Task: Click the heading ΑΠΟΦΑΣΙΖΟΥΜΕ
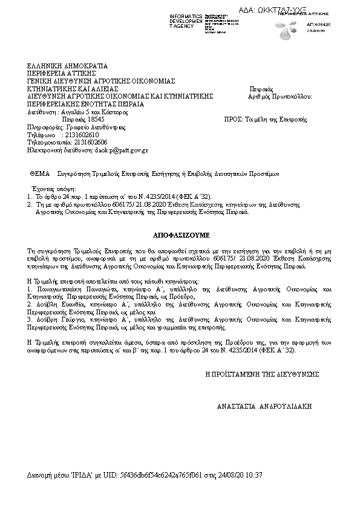pyautogui.click(x=180, y=232)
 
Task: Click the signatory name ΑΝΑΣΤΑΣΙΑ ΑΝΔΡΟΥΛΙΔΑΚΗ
pyautogui.click(x=264, y=407)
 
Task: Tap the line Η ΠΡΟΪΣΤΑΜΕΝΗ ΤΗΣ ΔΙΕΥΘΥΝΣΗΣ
pyautogui.click(x=262, y=374)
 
